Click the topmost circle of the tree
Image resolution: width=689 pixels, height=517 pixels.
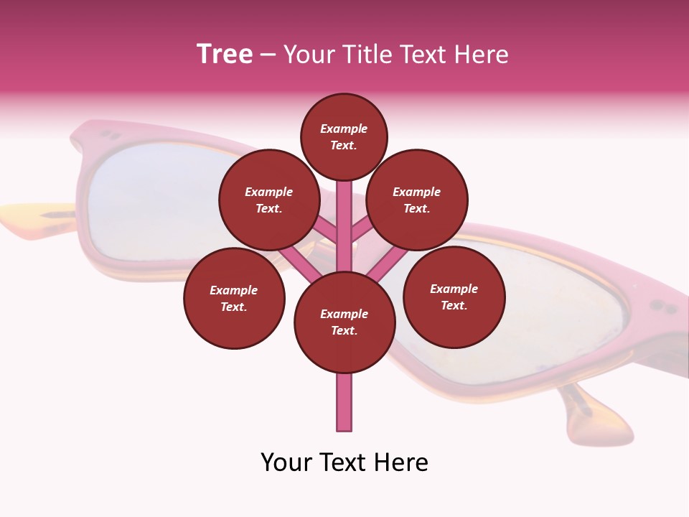click(x=344, y=136)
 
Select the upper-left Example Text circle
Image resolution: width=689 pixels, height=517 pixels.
click(x=269, y=200)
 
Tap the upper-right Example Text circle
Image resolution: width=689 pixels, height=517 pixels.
click(x=417, y=200)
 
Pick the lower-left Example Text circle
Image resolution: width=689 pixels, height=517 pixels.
click(x=234, y=298)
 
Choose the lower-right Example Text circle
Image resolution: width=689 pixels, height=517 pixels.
click(x=454, y=297)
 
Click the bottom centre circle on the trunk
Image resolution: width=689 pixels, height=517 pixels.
click(x=344, y=322)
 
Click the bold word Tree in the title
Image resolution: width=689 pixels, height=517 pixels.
click(x=225, y=55)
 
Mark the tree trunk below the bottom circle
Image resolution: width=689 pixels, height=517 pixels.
click(x=344, y=402)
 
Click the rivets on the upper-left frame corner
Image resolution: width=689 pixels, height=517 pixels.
click(x=109, y=134)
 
